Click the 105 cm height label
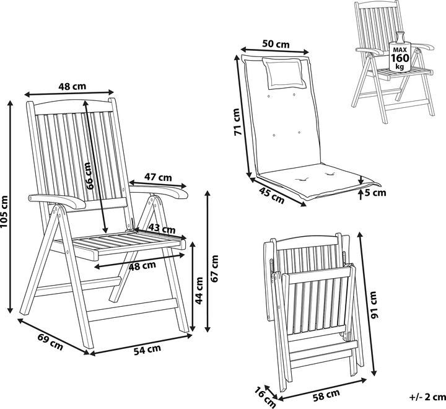(4, 211)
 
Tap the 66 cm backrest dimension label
(89, 176)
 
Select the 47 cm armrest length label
(158, 177)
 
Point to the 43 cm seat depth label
(162, 229)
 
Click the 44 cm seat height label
(199, 291)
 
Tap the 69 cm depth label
(50, 341)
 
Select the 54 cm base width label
(147, 350)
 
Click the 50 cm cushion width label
(276, 44)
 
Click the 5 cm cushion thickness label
(375, 193)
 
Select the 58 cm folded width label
(326, 395)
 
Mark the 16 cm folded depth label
(265, 397)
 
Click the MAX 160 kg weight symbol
(400, 52)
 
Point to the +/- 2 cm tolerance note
(427, 397)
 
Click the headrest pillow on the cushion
(284, 73)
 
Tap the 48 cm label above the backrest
(72, 86)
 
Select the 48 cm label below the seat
(142, 266)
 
